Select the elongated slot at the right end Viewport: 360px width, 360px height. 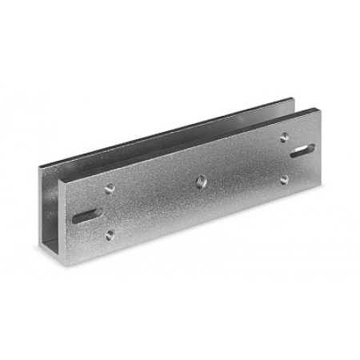click(x=304, y=150)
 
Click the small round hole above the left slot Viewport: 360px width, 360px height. click(x=110, y=189)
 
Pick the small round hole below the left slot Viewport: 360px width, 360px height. click(x=110, y=234)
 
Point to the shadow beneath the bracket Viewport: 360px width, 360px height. click(x=200, y=240)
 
